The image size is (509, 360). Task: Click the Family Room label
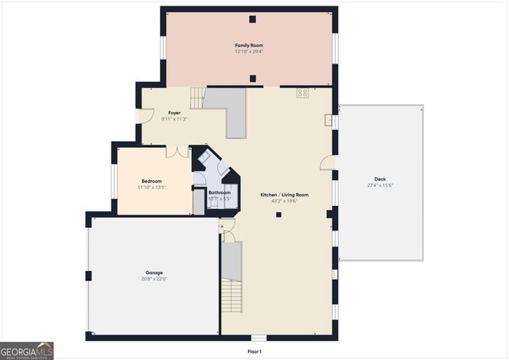249,45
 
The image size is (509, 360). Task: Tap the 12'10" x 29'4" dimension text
249,52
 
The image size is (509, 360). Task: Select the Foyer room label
174,113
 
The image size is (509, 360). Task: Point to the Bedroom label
151,181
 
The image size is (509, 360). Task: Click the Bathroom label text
220,192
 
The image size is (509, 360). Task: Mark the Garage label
153,273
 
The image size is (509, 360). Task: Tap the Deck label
380,179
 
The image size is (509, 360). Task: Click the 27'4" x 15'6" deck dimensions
380,185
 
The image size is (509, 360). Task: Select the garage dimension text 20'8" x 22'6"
153,279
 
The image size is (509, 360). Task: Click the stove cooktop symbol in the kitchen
303,93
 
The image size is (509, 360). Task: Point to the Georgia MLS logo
27,350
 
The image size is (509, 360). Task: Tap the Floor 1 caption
254,351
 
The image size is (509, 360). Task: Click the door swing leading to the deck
327,163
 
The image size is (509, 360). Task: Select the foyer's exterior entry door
145,115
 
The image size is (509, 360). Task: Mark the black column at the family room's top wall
252,19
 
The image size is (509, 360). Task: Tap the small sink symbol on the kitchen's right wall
328,120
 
